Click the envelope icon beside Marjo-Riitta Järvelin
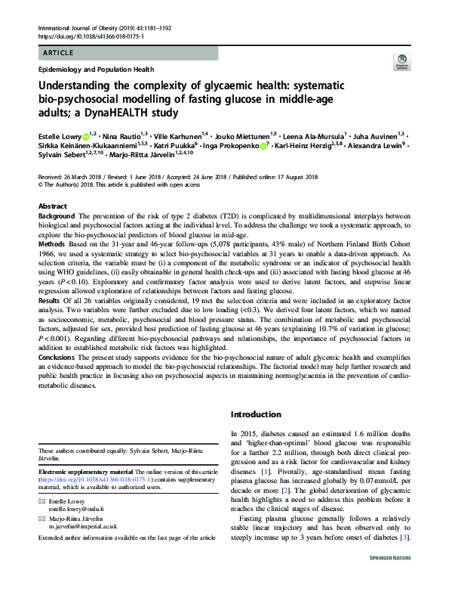(42, 498)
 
